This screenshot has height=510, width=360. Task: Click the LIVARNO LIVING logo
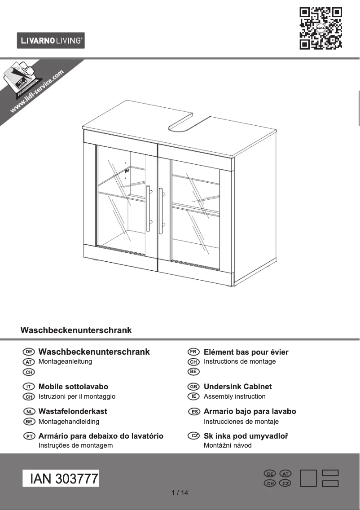(x=51, y=41)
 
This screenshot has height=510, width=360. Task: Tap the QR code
(x=320, y=28)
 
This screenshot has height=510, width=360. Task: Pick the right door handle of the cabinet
(x=161, y=211)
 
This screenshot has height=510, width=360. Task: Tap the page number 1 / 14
(x=180, y=493)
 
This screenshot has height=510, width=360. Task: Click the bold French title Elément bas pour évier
(x=246, y=352)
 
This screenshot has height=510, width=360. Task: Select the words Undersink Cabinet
(x=237, y=387)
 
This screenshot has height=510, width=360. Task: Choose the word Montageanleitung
(x=65, y=361)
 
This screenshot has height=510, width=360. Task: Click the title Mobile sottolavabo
(x=73, y=387)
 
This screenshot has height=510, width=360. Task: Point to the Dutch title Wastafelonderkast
(x=73, y=411)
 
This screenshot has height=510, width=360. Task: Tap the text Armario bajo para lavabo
(x=250, y=411)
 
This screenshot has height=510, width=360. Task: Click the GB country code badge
(x=193, y=387)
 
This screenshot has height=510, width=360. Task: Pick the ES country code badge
(x=194, y=412)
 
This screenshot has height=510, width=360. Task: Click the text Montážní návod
(x=228, y=445)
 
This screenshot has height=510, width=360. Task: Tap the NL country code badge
(x=29, y=412)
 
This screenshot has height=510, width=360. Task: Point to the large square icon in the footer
(x=308, y=478)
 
